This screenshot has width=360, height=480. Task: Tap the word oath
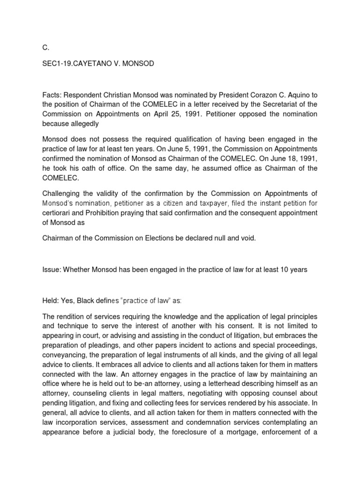pos(82,168)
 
